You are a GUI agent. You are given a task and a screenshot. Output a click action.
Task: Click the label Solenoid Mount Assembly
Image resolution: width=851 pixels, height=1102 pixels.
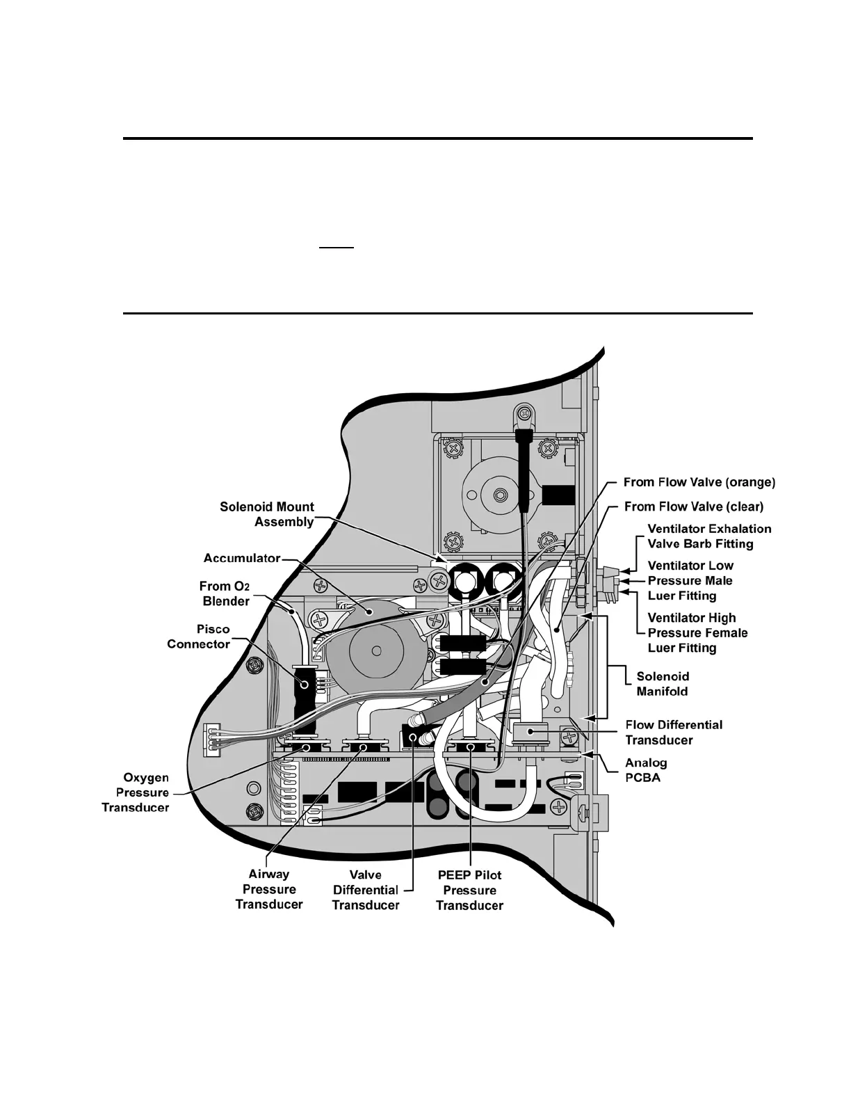pyautogui.click(x=267, y=514)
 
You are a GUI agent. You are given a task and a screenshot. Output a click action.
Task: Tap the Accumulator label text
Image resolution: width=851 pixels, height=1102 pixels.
pyautogui.click(x=241, y=558)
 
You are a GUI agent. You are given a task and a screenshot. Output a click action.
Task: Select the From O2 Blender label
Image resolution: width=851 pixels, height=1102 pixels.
pyautogui.click(x=225, y=593)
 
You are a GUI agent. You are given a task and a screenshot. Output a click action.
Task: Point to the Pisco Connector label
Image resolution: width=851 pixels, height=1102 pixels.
pyautogui.click(x=198, y=637)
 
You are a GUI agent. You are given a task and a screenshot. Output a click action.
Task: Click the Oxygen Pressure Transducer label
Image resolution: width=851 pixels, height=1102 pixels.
pyautogui.click(x=136, y=792)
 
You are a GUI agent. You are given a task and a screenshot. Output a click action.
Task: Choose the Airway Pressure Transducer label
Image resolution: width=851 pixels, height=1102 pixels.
pyautogui.click(x=269, y=889)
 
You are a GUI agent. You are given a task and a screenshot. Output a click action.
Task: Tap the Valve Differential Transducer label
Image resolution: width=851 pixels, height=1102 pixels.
pyautogui.click(x=366, y=890)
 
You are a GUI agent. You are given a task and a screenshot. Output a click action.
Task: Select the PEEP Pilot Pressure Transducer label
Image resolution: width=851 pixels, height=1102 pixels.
pyautogui.click(x=469, y=890)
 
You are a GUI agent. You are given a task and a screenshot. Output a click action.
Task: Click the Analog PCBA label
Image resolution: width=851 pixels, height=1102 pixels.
pyautogui.click(x=646, y=769)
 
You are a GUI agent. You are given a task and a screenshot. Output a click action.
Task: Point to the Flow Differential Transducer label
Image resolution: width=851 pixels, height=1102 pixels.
pyautogui.click(x=674, y=732)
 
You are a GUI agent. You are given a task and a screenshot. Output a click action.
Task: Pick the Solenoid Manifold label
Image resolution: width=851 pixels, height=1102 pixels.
pyautogui.click(x=662, y=683)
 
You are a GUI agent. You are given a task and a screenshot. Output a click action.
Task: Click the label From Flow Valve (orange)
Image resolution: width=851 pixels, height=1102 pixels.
pyautogui.click(x=699, y=482)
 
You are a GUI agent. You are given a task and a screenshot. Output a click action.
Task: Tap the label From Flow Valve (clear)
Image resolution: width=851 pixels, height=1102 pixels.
pyautogui.click(x=693, y=506)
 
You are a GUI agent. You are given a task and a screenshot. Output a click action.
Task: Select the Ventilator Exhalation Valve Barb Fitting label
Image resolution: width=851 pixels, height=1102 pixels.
pyautogui.click(x=709, y=536)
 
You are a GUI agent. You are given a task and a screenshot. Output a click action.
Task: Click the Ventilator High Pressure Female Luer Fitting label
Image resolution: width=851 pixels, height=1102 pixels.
pyautogui.click(x=697, y=632)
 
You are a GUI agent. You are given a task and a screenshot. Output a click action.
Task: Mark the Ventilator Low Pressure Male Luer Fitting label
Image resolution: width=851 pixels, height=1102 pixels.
pyautogui.click(x=690, y=580)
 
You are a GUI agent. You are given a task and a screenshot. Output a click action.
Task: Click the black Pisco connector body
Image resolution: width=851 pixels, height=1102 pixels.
pyautogui.click(x=304, y=685)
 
